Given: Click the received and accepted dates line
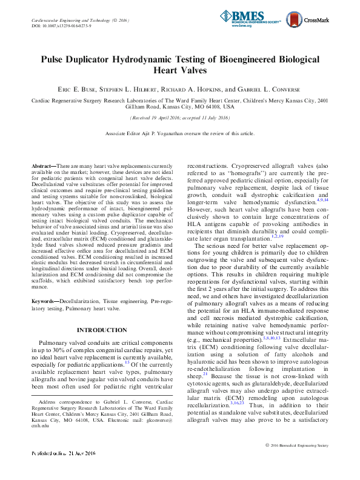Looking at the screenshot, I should pyautogui.click(x=180, y=118).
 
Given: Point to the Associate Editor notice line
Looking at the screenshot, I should pyautogui.click(x=180, y=132).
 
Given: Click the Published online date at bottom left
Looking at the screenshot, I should pyautogui.click(x=63, y=470).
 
